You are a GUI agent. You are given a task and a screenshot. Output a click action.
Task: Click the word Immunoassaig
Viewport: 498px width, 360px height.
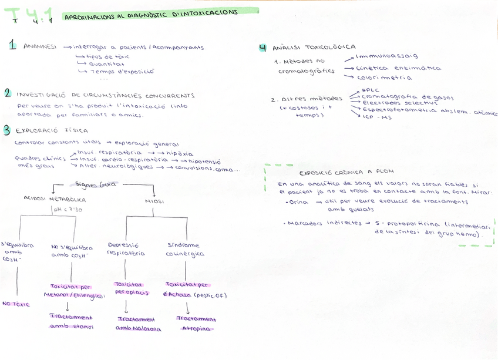[x=387, y=56]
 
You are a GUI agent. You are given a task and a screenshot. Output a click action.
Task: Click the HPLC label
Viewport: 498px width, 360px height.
[x=371, y=90]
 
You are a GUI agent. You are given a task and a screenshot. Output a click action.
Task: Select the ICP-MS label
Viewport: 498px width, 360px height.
[x=377, y=117]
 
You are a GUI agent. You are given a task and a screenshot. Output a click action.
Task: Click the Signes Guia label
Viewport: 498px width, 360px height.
[x=96, y=184]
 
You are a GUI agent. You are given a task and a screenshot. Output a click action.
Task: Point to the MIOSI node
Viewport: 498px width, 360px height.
[x=153, y=201]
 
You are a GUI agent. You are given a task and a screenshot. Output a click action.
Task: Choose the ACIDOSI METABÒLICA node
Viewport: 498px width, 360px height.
[x=55, y=199]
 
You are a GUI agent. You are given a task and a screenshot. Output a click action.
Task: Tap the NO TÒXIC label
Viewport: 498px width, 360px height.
[x=16, y=304]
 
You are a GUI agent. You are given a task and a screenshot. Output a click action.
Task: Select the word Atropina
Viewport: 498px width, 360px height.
[x=197, y=329]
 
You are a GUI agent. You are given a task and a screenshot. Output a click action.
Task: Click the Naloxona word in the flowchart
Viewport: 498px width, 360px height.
[x=147, y=329]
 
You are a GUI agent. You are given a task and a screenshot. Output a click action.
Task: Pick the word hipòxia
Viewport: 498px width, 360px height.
[x=180, y=153]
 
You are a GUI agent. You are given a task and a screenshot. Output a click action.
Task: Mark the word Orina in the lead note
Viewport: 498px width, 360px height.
[x=299, y=201]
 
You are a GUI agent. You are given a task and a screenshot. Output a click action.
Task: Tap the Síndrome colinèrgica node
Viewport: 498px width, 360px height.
[x=185, y=250]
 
